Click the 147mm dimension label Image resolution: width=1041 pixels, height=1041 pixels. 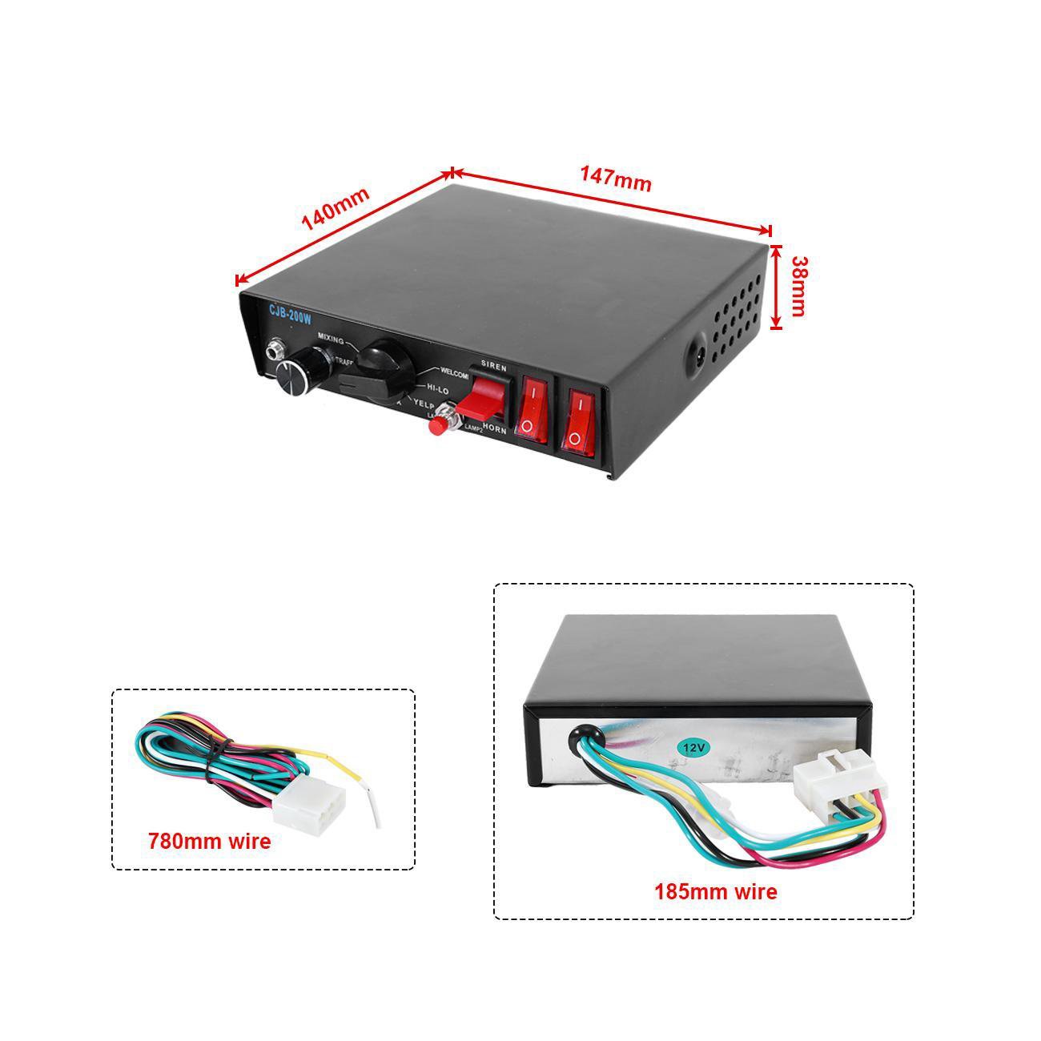pos(615,179)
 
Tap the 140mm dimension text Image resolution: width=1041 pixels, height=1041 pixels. pos(336,210)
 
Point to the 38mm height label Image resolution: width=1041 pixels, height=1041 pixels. pos(798,286)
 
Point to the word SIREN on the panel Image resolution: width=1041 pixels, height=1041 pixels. pos(493,365)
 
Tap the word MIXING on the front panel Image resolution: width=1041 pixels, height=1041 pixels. pos(331,339)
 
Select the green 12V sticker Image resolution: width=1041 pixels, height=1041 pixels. pos(693,746)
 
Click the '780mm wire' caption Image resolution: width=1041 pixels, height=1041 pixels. pos(209,841)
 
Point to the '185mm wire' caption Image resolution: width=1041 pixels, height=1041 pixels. pos(715,891)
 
